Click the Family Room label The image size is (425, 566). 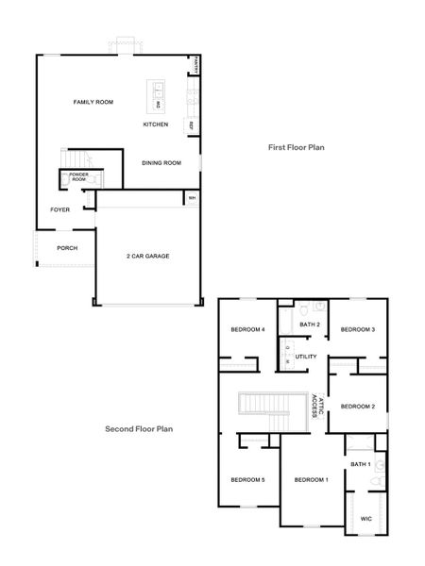click(93, 101)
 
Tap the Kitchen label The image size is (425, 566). click(156, 125)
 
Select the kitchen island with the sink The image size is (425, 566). click(157, 95)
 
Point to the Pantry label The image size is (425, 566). click(195, 64)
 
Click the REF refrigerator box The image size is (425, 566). click(192, 125)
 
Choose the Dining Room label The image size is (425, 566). click(161, 162)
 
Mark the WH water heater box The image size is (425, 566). click(192, 198)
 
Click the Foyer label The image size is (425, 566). click(59, 209)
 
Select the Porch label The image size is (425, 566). click(66, 248)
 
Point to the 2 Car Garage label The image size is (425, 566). click(147, 256)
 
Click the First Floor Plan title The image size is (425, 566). click(295, 148)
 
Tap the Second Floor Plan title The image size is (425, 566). click(138, 427)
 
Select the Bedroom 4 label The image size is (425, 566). click(247, 329)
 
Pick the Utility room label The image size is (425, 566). click(306, 357)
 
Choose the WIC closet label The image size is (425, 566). click(366, 518)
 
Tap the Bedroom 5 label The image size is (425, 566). click(247, 480)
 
